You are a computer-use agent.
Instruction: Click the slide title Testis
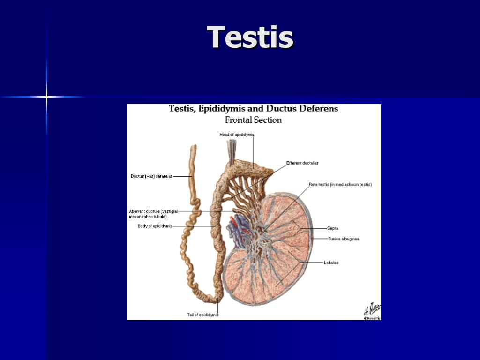point(250,37)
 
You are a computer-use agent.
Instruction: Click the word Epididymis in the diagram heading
point(222,109)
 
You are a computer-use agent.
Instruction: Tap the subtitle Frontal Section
point(253,120)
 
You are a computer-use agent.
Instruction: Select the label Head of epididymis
point(237,135)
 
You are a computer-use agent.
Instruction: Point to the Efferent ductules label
point(302,163)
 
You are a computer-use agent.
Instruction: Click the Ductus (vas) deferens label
point(151,176)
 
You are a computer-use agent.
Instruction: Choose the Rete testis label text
point(340,184)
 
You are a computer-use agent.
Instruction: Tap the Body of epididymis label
point(155,226)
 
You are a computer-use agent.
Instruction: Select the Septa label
point(333,228)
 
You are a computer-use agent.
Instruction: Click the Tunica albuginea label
point(344,239)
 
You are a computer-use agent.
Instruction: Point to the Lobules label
point(331,262)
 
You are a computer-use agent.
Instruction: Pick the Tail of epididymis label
point(202,315)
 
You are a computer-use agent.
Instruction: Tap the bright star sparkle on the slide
point(46,97)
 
